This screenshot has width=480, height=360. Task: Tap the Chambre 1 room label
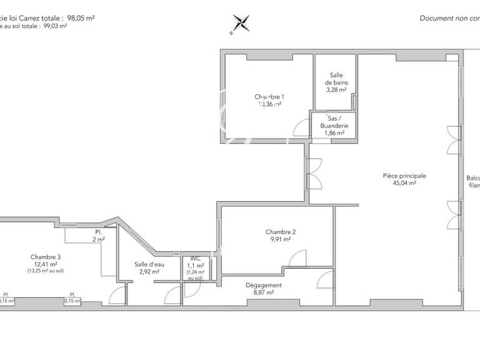(x=269, y=97)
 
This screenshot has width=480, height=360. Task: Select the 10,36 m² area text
(x=269, y=105)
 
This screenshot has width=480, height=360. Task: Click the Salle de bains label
(x=336, y=79)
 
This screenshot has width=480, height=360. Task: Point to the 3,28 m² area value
(x=336, y=89)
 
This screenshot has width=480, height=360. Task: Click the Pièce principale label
(x=404, y=176)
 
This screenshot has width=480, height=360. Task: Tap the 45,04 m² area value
(x=404, y=184)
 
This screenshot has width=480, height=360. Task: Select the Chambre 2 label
(x=281, y=232)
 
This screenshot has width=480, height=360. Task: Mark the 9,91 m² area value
(x=281, y=239)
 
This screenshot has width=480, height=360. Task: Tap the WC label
(x=195, y=258)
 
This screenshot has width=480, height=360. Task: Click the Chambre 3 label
(x=46, y=257)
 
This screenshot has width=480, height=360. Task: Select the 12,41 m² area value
(x=46, y=264)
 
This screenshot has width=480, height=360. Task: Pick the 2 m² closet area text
(x=99, y=239)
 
